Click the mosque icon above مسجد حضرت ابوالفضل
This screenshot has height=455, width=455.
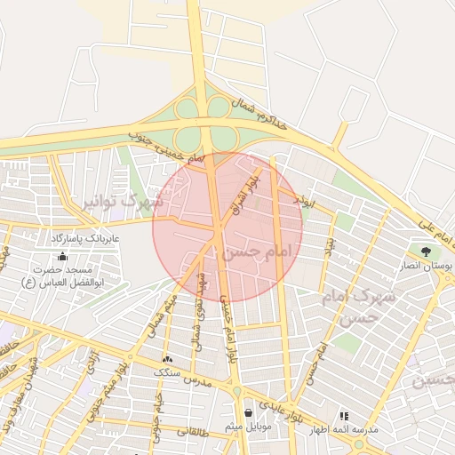61,257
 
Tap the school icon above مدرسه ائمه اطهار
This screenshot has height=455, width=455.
345,415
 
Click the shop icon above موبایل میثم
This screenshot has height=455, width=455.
247,412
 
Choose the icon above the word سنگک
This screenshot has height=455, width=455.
167,360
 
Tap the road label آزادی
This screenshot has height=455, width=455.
92,361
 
